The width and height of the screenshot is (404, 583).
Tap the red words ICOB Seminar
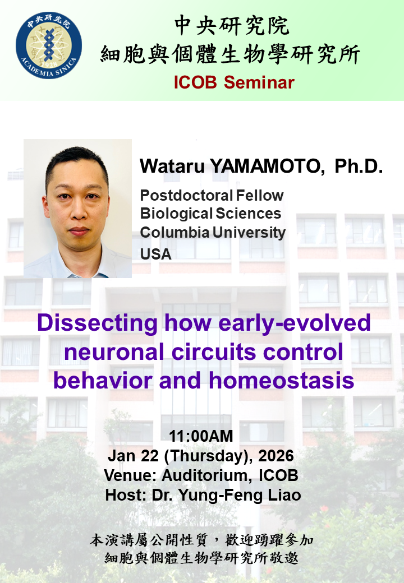(233, 82)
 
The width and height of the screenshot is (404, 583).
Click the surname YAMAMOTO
(262, 166)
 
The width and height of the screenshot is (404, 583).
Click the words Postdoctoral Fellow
(212, 196)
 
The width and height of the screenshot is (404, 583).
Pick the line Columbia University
(213, 232)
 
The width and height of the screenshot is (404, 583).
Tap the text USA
(155, 254)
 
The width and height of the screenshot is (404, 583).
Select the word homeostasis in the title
(282, 381)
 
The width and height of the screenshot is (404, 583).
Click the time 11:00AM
(201, 436)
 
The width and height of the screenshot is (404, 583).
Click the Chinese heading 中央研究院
(232, 25)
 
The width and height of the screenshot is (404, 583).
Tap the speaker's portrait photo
(77, 209)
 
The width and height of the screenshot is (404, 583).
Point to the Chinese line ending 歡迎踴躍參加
(201, 541)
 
